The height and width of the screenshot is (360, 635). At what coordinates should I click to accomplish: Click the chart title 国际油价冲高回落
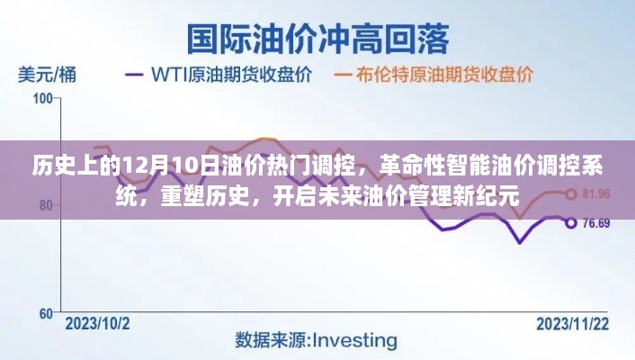click(317, 40)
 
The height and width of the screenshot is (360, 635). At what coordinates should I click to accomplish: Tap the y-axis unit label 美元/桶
click(47, 76)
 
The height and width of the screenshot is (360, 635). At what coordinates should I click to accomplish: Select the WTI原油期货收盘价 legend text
click(232, 75)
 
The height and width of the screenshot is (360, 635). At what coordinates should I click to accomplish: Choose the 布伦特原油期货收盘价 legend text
click(444, 75)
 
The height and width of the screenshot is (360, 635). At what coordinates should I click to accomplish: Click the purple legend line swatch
click(134, 75)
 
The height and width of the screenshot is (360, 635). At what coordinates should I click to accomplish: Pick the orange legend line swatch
click(342, 75)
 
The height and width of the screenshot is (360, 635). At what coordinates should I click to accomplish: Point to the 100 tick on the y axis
click(42, 98)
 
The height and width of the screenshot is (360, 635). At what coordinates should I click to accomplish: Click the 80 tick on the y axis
click(46, 205)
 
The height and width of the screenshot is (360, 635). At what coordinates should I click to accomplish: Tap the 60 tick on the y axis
click(46, 313)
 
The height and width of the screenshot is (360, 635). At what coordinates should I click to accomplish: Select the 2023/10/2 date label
click(98, 324)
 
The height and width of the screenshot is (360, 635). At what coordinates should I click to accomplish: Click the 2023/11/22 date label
click(573, 324)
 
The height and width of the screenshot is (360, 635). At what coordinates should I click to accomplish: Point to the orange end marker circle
click(571, 194)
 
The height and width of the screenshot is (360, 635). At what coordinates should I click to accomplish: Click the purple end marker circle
click(571, 223)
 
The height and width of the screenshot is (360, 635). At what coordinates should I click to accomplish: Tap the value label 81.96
click(596, 194)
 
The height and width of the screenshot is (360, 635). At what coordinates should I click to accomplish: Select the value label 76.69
click(596, 223)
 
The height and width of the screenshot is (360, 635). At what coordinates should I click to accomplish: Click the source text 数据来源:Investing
click(316, 341)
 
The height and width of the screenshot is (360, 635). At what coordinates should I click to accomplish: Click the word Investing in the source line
click(355, 341)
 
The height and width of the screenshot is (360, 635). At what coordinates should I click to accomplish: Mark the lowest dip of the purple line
click(520, 243)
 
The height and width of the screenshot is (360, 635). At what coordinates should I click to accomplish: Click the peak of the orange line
click(264, 139)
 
